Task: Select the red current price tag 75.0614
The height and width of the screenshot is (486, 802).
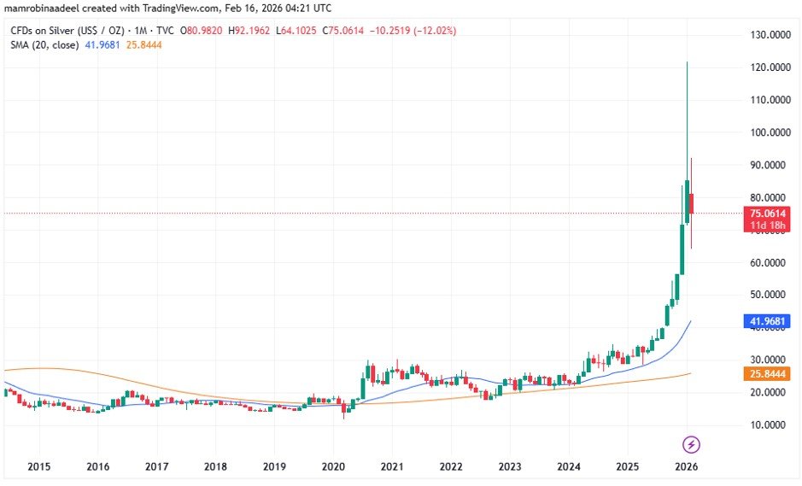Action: point(766,213)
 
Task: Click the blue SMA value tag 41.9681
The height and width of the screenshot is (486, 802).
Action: point(766,322)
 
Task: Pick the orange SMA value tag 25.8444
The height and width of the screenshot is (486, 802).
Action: point(766,374)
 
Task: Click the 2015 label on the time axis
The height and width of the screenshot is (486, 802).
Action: point(38,466)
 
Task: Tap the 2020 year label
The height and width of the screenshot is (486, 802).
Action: point(333,466)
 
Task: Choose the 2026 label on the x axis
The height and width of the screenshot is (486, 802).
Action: point(687,466)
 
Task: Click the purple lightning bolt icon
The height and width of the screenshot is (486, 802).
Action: point(692,444)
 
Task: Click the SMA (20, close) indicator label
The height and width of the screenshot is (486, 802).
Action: point(43,44)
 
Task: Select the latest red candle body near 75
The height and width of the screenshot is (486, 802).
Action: point(691,203)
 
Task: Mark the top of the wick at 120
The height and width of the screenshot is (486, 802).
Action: point(687,63)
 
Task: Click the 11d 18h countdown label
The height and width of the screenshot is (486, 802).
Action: point(766,225)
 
